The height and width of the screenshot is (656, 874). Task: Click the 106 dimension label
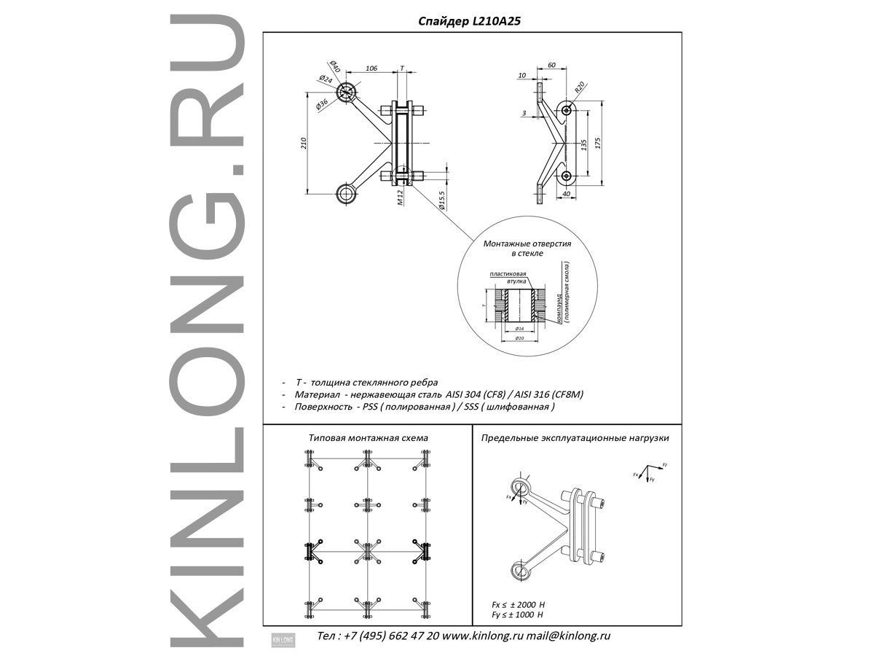pos(371,69)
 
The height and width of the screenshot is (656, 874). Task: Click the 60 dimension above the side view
pos(551,66)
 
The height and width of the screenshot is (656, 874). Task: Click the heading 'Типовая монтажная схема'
pos(369,438)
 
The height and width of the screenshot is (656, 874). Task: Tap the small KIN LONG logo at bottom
pos(282,638)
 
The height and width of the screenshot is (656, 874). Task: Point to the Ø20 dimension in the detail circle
pos(519,339)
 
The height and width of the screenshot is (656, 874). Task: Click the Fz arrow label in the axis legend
pos(664,464)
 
